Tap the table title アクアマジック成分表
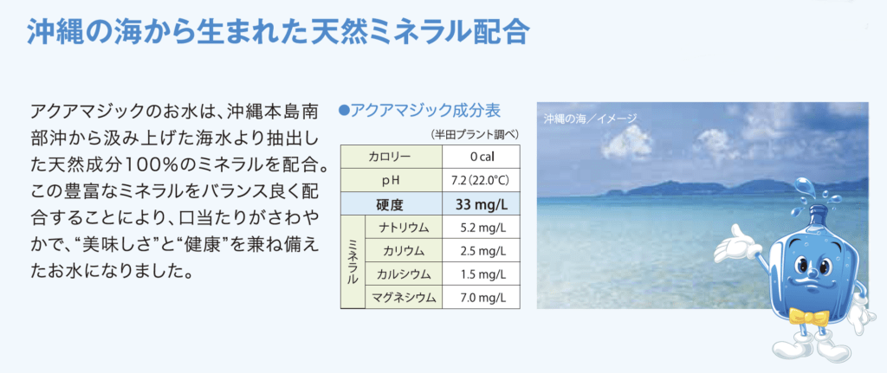(419, 109)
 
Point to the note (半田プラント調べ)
(474, 135)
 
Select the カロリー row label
(391, 157)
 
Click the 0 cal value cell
(481, 157)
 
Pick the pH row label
(391, 180)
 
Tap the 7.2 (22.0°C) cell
(481, 180)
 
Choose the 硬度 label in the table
(391, 203)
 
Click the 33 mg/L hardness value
(481, 203)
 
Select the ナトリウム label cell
(404, 228)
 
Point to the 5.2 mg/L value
(481, 228)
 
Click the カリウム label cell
(404, 250)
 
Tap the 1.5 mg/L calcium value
(481, 273)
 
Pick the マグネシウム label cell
(404, 297)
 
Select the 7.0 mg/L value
(481, 297)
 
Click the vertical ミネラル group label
(353, 261)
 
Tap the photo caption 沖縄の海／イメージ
(590, 119)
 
